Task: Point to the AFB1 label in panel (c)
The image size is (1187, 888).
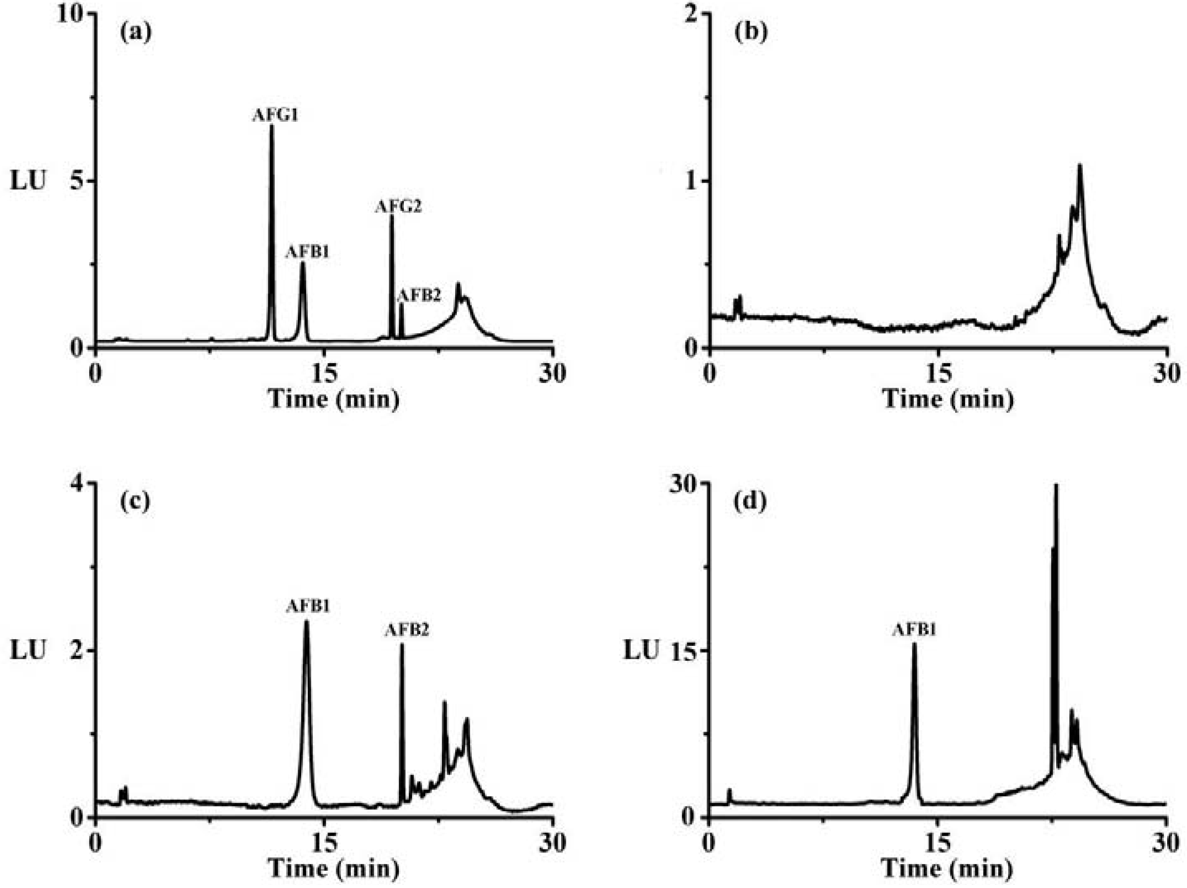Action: pyautogui.click(x=307, y=606)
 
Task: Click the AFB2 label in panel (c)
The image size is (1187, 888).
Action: pyautogui.click(x=407, y=630)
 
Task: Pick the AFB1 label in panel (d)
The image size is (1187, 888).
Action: pyautogui.click(x=914, y=630)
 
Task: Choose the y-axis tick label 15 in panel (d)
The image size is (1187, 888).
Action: pyautogui.click(x=685, y=650)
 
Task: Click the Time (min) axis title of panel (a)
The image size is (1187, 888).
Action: pyautogui.click(x=334, y=399)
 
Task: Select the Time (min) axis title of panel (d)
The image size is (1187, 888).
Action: pyautogui.click(x=948, y=868)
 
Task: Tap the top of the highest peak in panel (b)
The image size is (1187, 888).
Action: pyautogui.click(x=1080, y=165)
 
